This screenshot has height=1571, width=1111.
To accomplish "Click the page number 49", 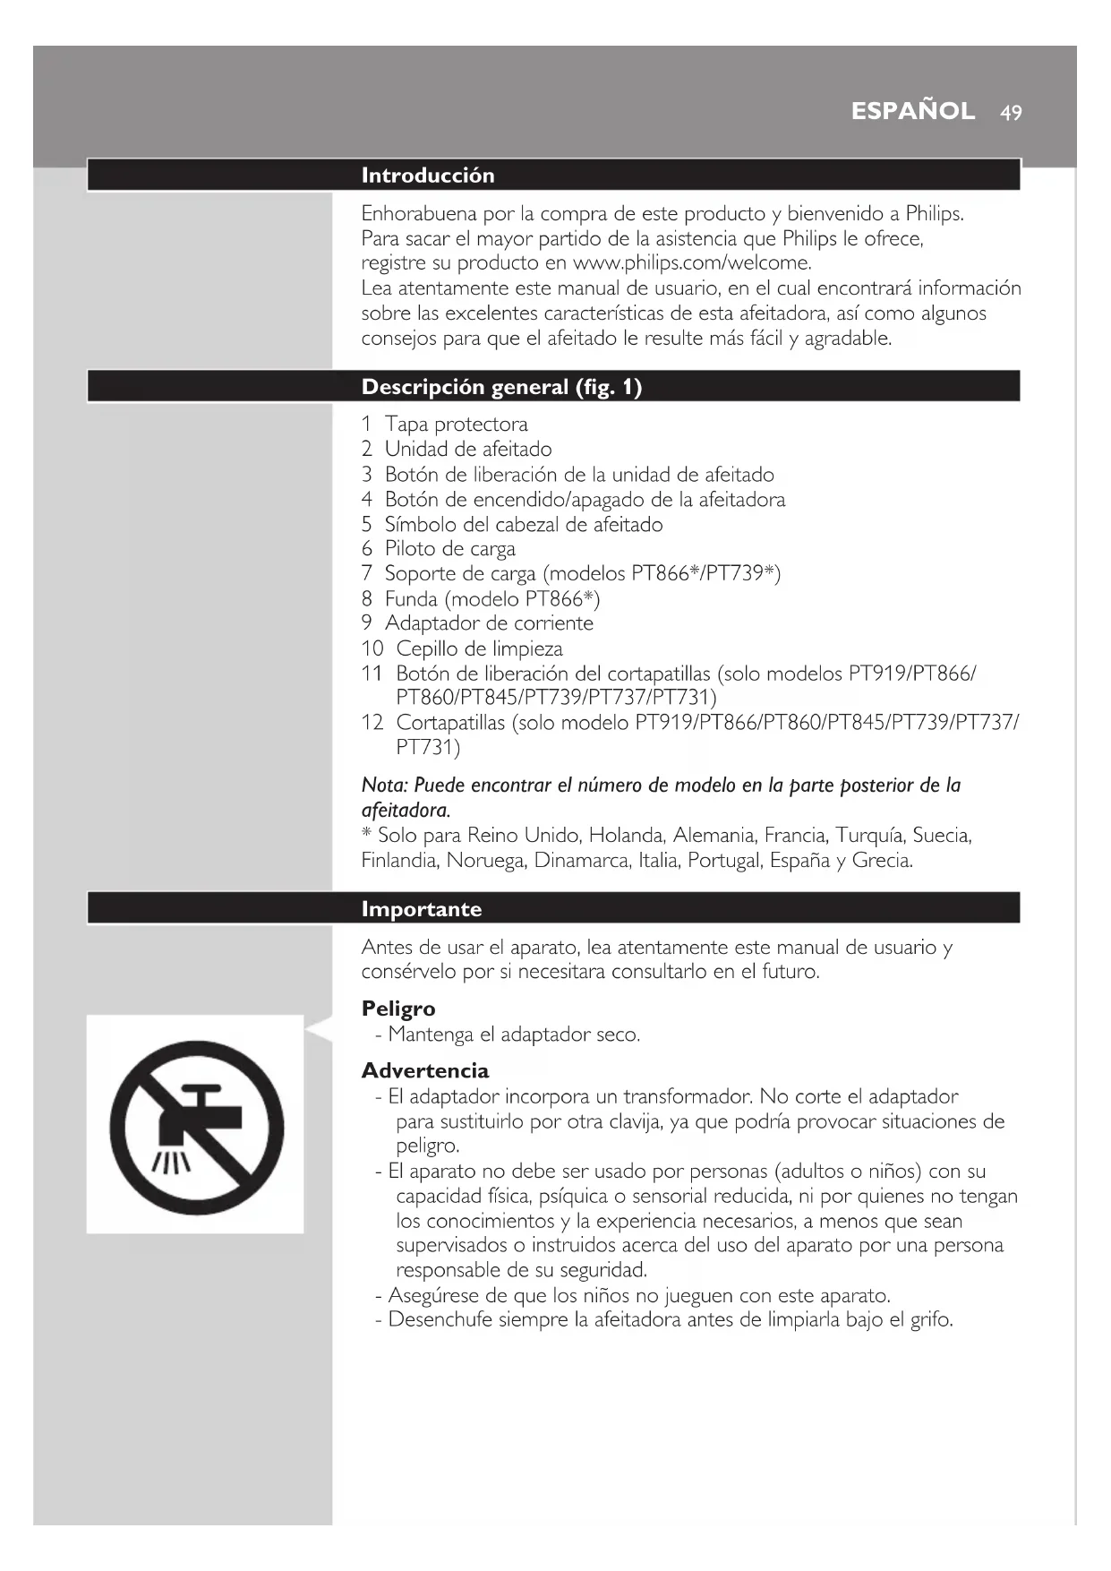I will coord(1011,113).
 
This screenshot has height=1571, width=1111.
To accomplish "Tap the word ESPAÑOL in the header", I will coord(912,111).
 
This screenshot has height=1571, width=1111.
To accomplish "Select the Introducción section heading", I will coord(427,176).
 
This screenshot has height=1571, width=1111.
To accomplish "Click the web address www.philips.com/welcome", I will coord(691,263).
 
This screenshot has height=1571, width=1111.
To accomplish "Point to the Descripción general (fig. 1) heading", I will coord(501,387).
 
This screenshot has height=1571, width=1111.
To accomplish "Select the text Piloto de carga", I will coord(449,549).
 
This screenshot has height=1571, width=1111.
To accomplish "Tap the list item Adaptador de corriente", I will coord(489,623).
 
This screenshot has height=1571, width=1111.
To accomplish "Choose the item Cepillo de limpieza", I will coord(479,648).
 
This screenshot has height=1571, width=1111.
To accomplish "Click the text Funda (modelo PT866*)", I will coord(492,598).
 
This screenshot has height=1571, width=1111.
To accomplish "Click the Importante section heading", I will coord(421,909).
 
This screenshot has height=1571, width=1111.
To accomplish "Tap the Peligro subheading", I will coord(398,1009).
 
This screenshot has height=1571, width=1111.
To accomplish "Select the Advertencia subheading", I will coord(425,1070).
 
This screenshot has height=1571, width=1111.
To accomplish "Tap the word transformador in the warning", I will coord(687,1097).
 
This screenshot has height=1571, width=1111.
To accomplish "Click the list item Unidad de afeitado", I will coord(467,450).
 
